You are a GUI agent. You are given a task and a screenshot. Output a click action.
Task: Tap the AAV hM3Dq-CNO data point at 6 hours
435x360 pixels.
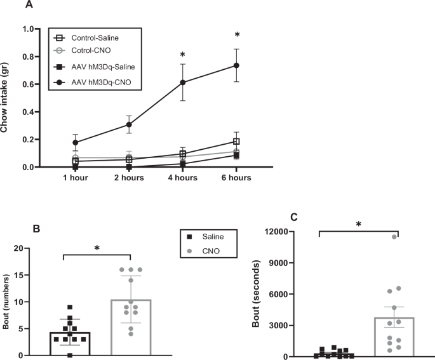tap(236, 65)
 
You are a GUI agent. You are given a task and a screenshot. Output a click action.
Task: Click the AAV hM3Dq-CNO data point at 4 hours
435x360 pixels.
tap(183, 83)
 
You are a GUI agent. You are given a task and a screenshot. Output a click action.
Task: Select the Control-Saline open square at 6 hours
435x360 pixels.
tap(236, 141)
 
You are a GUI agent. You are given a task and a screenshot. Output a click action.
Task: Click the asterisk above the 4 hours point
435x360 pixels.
tap(183, 55)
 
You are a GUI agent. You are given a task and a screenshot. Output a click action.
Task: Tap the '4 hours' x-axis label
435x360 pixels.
tap(183, 178)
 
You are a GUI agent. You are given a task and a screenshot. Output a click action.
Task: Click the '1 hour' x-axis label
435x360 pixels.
tap(76, 178)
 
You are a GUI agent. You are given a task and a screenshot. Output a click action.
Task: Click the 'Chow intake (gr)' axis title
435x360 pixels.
tap(9, 98)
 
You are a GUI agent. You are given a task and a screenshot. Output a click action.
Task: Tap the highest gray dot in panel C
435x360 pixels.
tap(394, 237)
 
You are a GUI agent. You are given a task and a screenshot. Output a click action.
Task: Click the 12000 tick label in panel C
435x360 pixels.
tap(291, 231)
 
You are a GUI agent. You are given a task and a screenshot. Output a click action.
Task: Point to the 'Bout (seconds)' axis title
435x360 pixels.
tap(257, 293)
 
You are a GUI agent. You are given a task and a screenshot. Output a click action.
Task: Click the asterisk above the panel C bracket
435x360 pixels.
tap(359, 224)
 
